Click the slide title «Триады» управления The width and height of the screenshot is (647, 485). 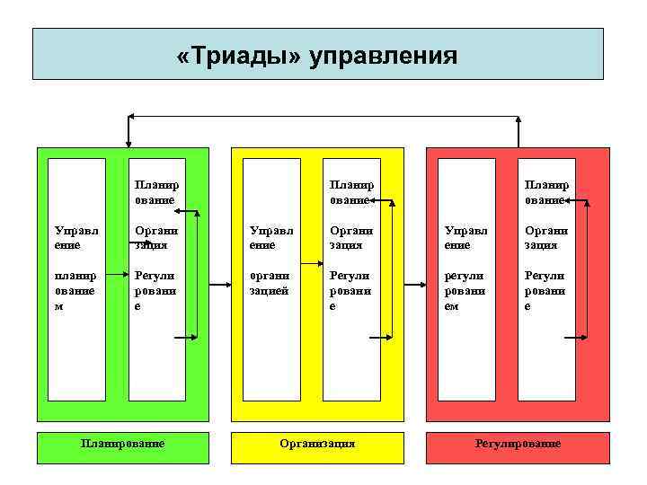(317, 57)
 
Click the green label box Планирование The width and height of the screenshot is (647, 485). (122, 444)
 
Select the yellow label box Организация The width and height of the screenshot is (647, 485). (317, 444)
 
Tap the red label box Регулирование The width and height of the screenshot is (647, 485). (518, 444)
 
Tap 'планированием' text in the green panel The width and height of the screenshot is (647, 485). (73, 289)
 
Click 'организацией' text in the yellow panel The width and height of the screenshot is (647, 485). (268, 283)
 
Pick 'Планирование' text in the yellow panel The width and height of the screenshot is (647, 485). (350, 192)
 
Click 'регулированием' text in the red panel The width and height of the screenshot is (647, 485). (465, 289)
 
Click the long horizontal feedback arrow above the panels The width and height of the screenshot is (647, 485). (323, 116)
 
